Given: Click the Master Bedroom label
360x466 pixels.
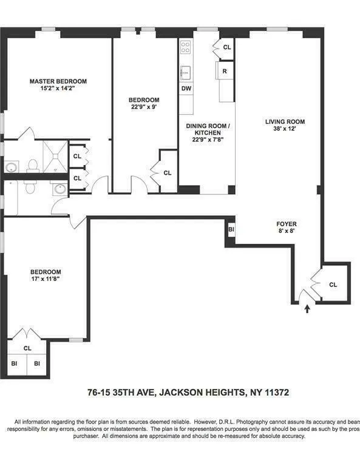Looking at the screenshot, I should (x=58, y=81).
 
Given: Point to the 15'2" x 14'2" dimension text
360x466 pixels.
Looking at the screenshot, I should (x=58, y=89).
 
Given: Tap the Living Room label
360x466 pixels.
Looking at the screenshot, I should (x=285, y=122).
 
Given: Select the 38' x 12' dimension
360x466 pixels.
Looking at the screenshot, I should (x=285, y=130).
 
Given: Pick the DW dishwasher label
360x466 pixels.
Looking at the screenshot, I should (x=185, y=88).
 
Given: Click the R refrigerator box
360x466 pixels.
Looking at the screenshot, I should (x=225, y=71).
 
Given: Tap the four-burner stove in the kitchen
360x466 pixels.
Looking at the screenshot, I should (x=186, y=47).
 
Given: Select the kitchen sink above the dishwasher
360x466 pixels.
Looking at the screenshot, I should (x=186, y=72).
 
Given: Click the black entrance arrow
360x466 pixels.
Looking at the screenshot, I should (x=307, y=309).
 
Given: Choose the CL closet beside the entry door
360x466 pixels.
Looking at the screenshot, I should (x=333, y=285).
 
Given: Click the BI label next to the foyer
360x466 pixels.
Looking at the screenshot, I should (x=231, y=230).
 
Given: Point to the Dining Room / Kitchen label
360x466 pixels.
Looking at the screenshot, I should (x=207, y=130).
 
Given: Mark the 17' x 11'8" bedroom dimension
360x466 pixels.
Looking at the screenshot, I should (x=46, y=280).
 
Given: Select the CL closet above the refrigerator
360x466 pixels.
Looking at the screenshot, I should (x=227, y=47).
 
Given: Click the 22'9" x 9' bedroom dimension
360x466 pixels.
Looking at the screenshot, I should (x=144, y=108).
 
